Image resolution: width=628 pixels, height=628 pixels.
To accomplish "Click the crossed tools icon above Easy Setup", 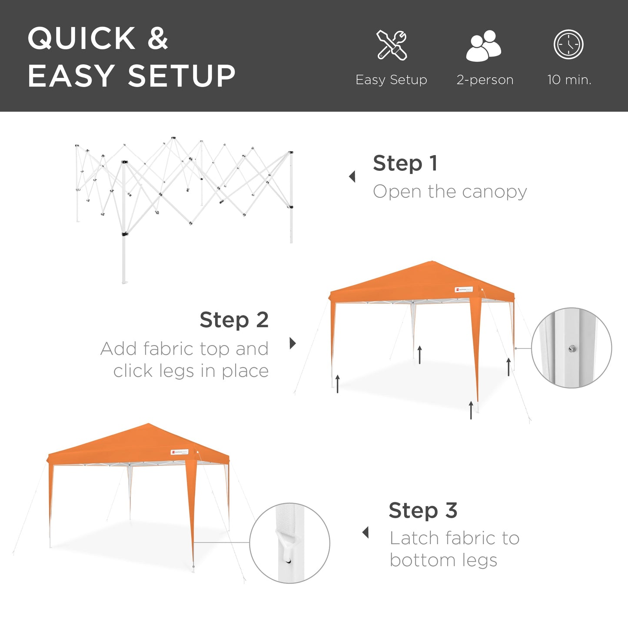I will point(392,45).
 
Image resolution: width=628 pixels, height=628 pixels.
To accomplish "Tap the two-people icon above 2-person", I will point(484,46).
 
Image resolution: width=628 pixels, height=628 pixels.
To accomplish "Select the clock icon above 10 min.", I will point(568,44).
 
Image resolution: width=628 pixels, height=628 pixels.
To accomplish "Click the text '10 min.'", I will point(569,80).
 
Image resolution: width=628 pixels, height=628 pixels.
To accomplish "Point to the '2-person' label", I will point(485,80).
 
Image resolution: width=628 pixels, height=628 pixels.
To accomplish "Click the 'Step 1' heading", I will point(405,163).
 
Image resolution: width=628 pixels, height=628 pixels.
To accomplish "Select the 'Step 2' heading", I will point(234,320).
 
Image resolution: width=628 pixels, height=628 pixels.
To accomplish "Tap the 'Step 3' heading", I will point(423,510).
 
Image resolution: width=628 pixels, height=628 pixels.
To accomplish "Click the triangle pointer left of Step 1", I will point(352,176).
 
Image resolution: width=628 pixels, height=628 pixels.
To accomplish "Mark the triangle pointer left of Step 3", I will point(366,532).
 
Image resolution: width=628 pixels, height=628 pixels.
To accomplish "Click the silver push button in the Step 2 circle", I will point(572,348).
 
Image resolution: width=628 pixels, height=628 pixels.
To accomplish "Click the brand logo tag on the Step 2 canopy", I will point(464,289).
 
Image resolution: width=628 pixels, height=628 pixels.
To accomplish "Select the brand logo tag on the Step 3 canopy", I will point(179,452).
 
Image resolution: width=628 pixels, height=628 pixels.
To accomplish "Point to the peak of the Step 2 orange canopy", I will point(432,262).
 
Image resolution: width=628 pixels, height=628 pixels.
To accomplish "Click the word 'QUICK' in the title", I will point(82,39).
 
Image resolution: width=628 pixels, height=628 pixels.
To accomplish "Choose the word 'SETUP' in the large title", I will point(182,76).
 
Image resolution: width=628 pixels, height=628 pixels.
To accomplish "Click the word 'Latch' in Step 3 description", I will point(414,538).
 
